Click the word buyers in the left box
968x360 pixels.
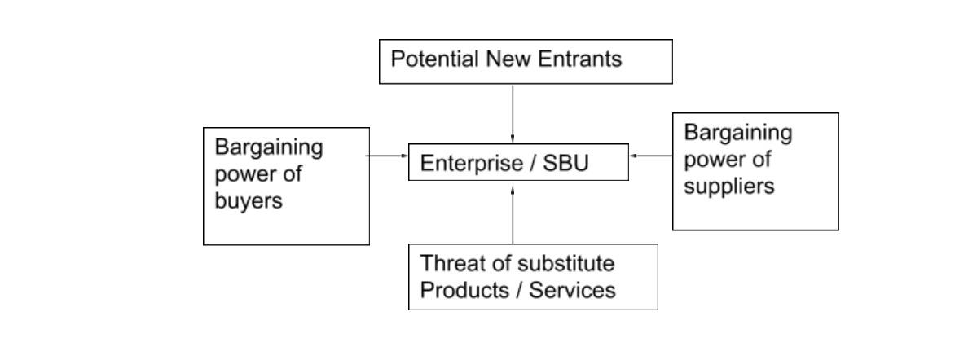249,201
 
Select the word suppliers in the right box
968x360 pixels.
729,187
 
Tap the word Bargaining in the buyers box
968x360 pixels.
269,148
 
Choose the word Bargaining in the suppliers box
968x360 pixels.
738,133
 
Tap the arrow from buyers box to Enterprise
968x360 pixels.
389,154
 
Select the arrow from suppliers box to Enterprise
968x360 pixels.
651,154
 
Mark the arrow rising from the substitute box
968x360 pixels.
513,215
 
